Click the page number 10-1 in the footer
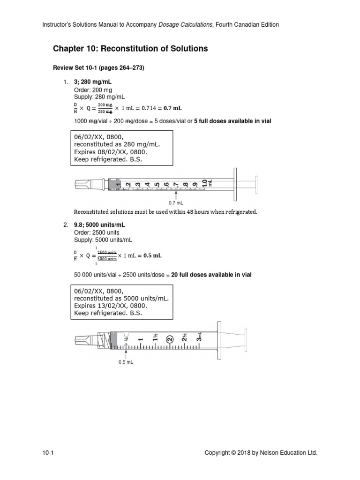click(49, 453)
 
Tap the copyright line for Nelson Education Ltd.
click(261, 453)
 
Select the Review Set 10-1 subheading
click(99, 68)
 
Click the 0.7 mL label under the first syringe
click(176, 203)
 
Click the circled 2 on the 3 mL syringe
click(170, 338)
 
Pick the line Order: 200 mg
click(93, 90)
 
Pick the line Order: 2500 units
click(97, 232)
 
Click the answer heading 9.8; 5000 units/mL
click(99, 225)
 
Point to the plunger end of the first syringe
click(255, 184)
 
